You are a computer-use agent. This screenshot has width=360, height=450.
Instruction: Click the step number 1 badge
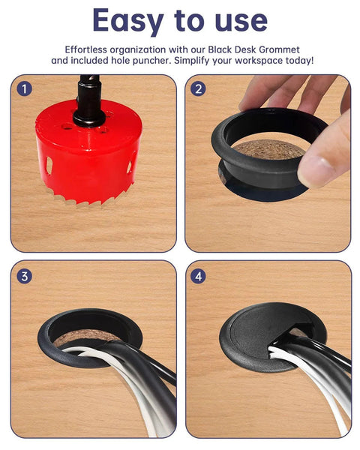[25, 88]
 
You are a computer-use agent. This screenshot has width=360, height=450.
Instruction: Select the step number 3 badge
[25, 275]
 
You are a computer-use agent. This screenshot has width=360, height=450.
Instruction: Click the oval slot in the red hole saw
[49, 164]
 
